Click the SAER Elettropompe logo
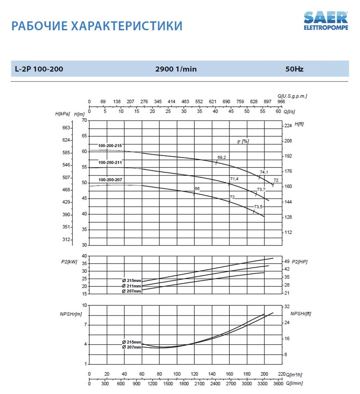[x=326, y=21]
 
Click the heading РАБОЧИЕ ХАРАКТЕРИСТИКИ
[x=97, y=26]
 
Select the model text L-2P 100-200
[x=39, y=69]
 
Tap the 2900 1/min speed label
[x=176, y=69]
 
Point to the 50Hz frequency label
[x=294, y=69]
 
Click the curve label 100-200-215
[x=110, y=145]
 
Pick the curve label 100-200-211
[x=110, y=162]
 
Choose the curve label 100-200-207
[x=110, y=180]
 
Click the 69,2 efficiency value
[x=222, y=158]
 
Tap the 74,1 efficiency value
[x=264, y=172]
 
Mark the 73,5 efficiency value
[x=258, y=207]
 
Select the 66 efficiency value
[x=197, y=189]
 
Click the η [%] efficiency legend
[x=243, y=141]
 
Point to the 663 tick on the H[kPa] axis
[x=66, y=128]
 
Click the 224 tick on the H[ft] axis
[x=288, y=125]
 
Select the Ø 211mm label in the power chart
[x=131, y=286]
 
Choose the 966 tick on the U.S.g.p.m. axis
[x=281, y=102]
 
